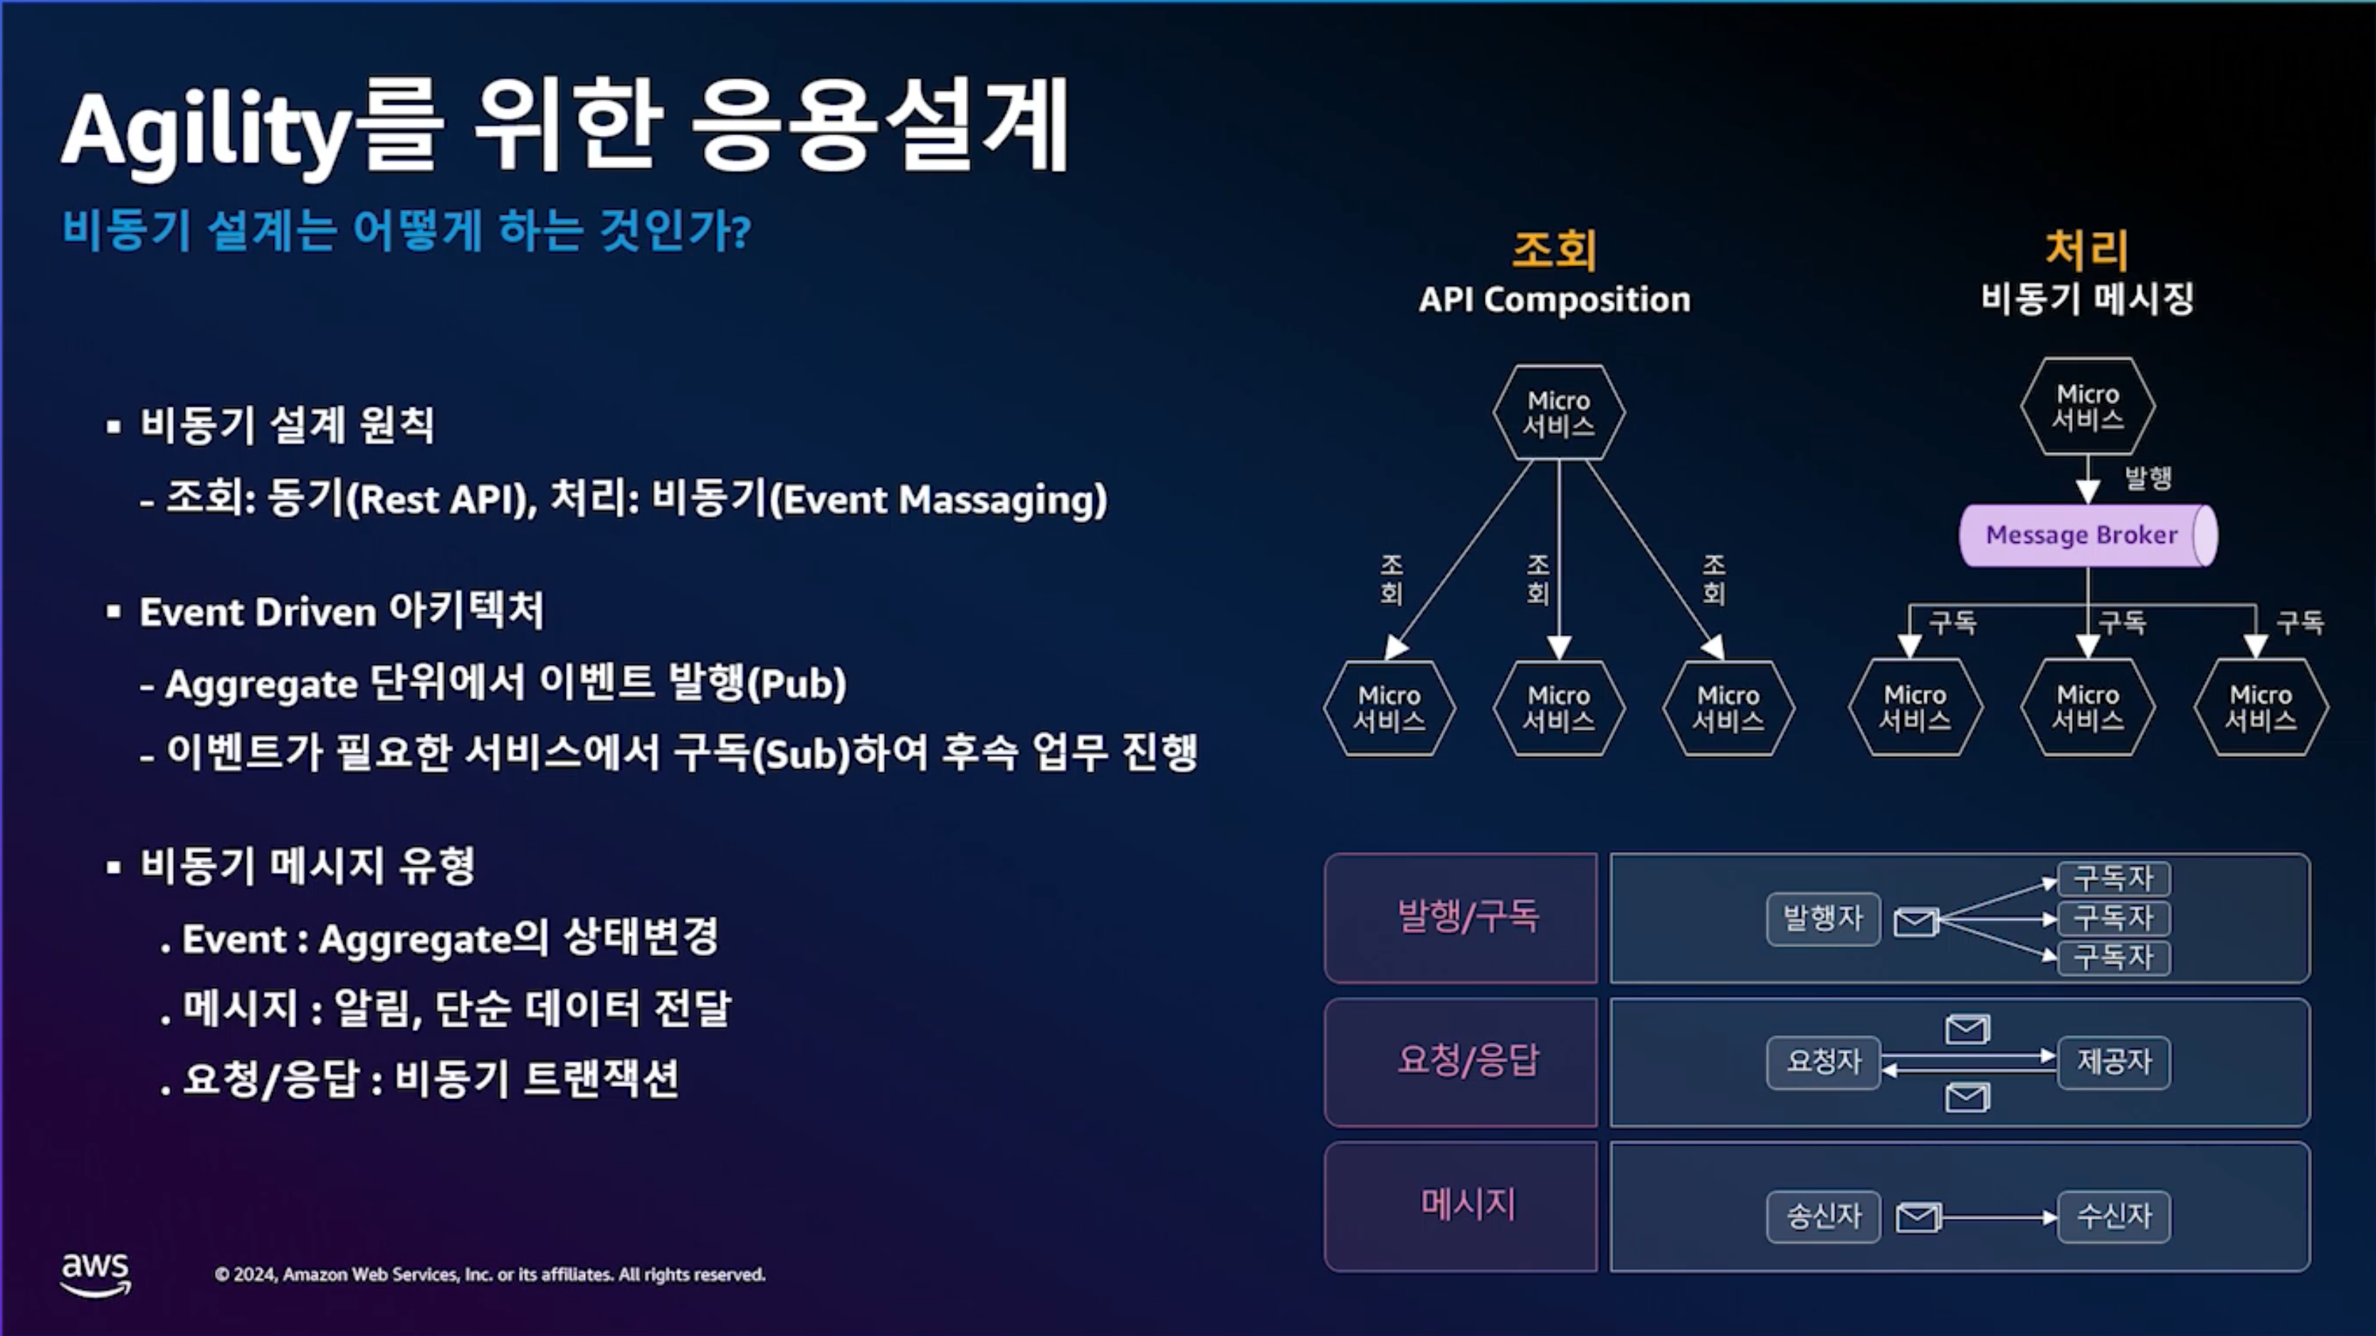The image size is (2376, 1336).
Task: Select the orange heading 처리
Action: pyautogui.click(x=2086, y=250)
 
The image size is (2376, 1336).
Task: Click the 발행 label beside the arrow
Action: pyautogui.click(x=2148, y=477)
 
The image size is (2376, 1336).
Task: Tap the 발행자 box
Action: pyautogui.click(x=1824, y=918)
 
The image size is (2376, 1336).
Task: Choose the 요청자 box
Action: pyautogui.click(x=1824, y=1062)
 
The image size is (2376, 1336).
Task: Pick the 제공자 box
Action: pyautogui.click(x=2114, y=1062)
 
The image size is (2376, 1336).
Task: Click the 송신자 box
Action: pyautogui.click(x=1824, y=1217)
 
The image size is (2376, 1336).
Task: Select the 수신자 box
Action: pyautogui.click(x=2114, y=1217)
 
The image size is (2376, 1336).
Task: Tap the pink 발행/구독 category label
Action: pyautogui.click(x=1468, y=916)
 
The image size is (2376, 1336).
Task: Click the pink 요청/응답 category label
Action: pyautogui.click(x=1468, y=1060)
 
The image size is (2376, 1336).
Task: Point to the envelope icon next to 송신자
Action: pyautogui.click(x=1918, y=1218)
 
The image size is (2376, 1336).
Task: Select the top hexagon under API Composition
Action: pyautogui.click(x=1559, y=412)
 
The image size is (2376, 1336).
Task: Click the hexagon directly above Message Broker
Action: pyautogui.click(x=2087, y=405)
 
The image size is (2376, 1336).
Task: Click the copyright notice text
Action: pyautogui.click(x=490, y=1275)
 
